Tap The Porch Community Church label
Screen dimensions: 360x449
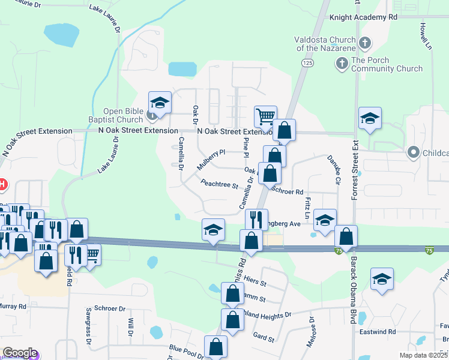[387, 64]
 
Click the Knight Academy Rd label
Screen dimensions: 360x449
[364, 18]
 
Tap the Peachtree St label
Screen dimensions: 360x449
[220, 183]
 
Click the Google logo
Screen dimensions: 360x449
[19, 353]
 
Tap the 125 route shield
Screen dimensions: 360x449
[308, 62]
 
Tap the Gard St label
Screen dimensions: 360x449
[264, 337]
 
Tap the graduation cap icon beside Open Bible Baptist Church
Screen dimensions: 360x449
[160, 102]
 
